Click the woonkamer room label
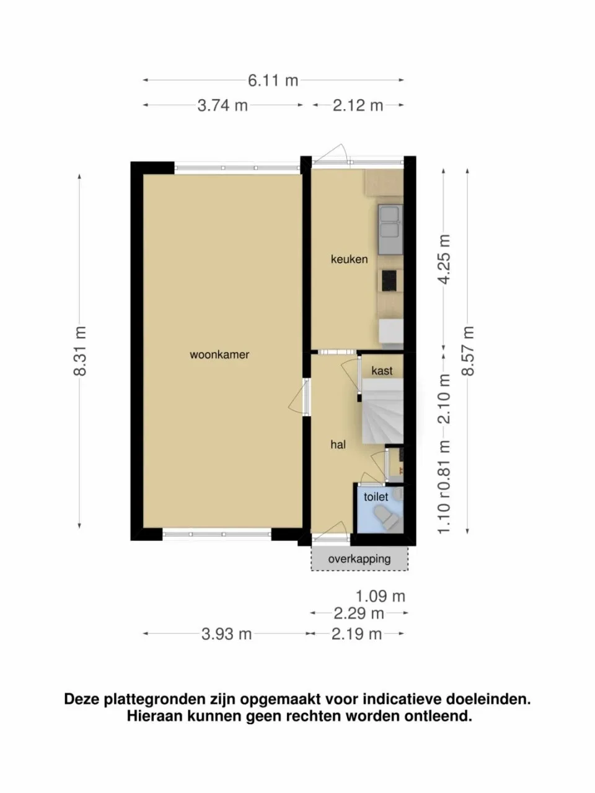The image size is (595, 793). click(x=219, y=354)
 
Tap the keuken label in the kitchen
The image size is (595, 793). click(x=349, y=259)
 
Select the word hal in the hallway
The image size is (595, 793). click(x=338, y=444)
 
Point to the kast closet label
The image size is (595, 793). click(x=382, y=370)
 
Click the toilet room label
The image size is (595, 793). click(x=376, y=497)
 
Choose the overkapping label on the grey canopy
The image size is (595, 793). click(x=359, y=559)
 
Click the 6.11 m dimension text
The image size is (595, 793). click(x=273, y=80)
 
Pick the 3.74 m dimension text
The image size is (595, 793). click(x=223, y=105)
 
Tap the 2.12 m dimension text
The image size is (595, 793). click(x=358, y=105)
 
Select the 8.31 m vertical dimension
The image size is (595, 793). click(x=80, y=351)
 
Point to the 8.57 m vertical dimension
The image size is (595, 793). click(x=468, y=351)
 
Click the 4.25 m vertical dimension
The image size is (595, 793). click(x=444, y=260)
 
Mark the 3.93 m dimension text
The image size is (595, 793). click(x=226, y=634)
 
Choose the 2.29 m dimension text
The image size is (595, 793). click(x=359, y=613)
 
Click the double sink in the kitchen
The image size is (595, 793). click(x=390, y=229)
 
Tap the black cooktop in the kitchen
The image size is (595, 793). click(x=389, y=281)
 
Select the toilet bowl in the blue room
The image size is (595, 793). click(x=387, y=518)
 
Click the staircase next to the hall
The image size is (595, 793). click(x=382, y=411)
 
